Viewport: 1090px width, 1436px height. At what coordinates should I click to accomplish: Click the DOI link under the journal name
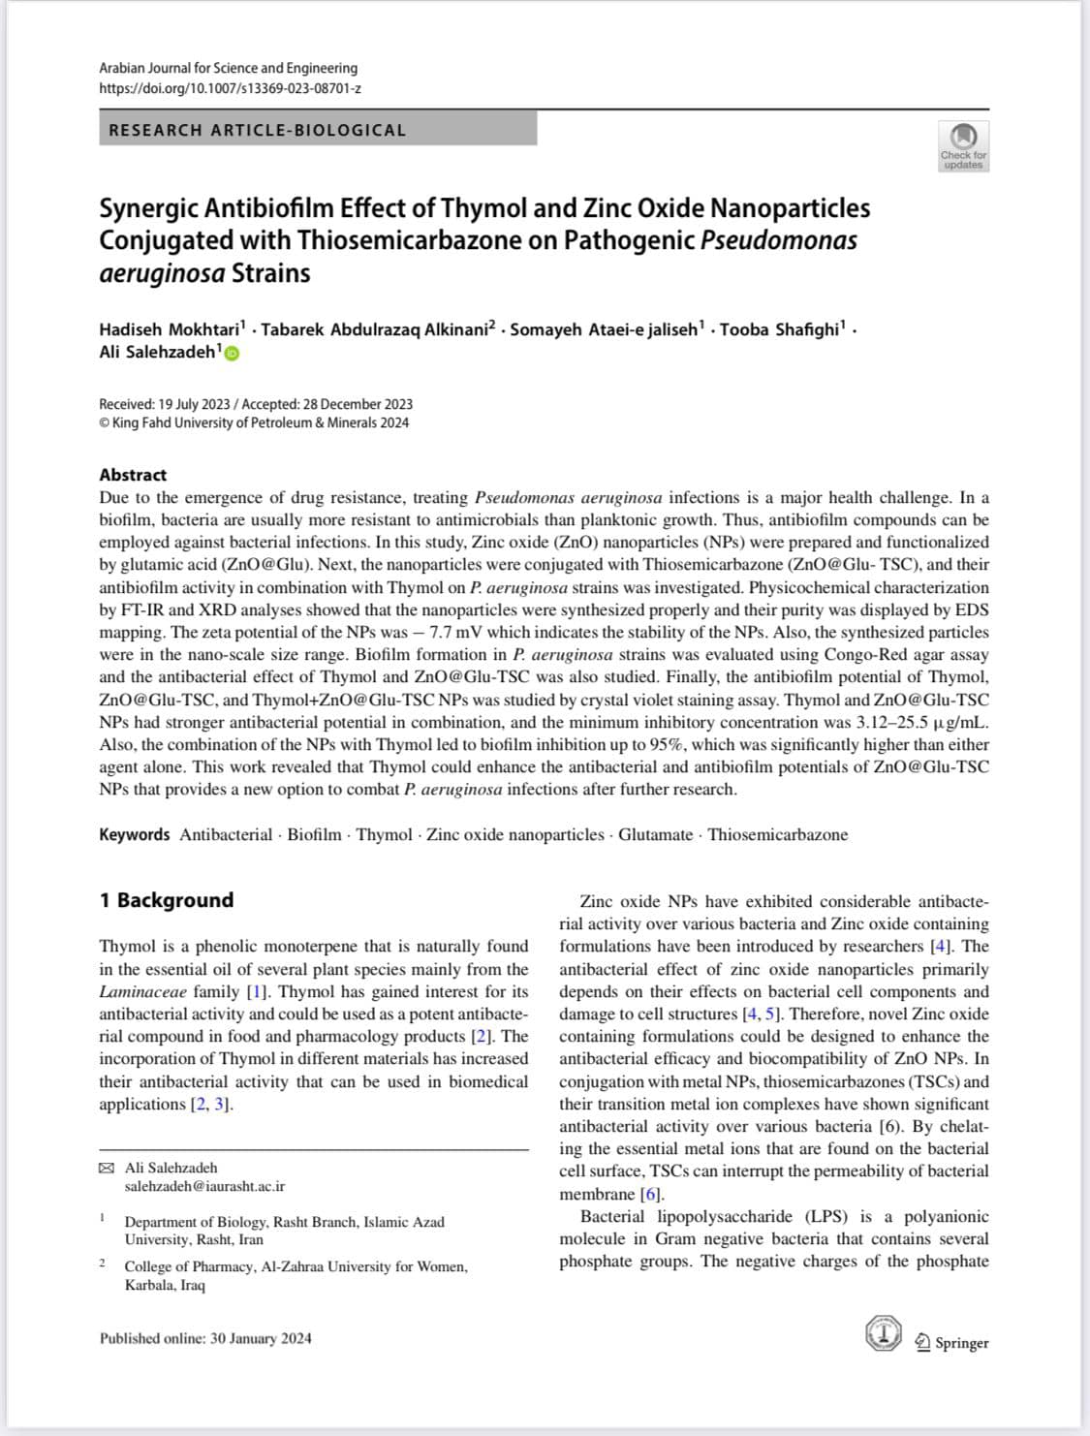[x=230, y=88]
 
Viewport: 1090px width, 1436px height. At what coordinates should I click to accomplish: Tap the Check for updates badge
[x=963, y=146]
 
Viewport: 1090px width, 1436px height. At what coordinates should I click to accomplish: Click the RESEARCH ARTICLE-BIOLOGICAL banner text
[x=258, y=130]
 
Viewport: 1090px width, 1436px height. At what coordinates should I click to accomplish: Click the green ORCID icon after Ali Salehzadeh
[x=233, y=353]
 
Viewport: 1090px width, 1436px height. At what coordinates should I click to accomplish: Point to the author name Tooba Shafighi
[x=780, y=329]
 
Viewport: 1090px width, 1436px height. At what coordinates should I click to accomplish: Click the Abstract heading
[x=133, y=475]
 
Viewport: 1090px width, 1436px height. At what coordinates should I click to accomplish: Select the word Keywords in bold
[x=134, y=834]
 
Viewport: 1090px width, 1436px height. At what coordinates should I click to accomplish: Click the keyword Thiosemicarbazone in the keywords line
[x=777, y=834]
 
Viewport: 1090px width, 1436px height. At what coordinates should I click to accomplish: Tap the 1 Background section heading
[x=166, y=900]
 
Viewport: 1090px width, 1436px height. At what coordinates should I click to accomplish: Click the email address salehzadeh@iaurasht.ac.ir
[x=204, y=1186]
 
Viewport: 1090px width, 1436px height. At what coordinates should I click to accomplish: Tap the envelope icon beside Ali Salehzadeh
[x=107, y=1168]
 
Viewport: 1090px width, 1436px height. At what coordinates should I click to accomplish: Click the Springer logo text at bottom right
[x=961, y=1343]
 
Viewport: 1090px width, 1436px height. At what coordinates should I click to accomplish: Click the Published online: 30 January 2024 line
[x=205, y=1338]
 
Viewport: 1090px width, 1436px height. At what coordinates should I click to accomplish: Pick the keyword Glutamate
[x=656, y=834]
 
